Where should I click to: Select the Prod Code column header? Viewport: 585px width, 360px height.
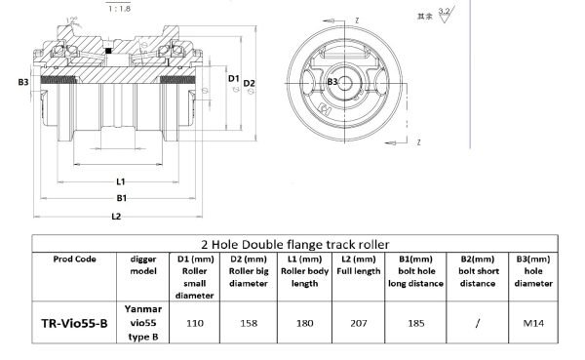coord(74,259)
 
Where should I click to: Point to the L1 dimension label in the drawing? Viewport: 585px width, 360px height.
coord(121,181)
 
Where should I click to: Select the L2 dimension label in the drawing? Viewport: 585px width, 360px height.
coord(117,215)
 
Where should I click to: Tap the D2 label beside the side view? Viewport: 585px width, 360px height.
coord(250,82)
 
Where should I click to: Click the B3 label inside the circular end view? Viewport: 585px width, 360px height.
coord(332,81)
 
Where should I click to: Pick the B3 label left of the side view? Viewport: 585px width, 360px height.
coord(23,84)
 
